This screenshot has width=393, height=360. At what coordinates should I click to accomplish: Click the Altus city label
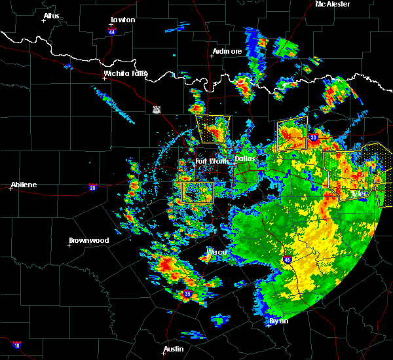click(51, 16)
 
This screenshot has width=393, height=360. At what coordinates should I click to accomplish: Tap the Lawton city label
click(122, 20)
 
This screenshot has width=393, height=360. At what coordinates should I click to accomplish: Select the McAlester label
click(332, 4)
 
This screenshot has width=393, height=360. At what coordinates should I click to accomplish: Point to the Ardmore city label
click(227, 51)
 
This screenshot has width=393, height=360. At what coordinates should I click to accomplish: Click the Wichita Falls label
click(126, 74)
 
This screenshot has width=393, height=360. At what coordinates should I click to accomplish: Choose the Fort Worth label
click(210, 161)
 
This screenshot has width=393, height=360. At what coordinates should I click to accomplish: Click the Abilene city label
click(24, 185)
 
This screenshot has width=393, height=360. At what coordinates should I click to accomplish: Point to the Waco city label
click(216, 252)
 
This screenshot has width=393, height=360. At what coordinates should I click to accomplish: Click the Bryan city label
click(278, 321)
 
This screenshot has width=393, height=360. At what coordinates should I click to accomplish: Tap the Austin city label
click(173, 349)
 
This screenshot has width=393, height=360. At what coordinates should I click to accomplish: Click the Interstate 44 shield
click(111, 30)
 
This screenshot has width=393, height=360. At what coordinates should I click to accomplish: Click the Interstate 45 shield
click(288, 260)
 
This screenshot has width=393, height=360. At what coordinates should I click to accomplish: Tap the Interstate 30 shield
click(313, 137)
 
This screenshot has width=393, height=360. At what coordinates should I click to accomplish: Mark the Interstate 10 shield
click(16, 345)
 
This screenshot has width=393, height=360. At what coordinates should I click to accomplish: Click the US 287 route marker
click(156, 109)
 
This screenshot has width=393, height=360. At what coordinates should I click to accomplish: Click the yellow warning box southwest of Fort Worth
click(198, 192)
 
